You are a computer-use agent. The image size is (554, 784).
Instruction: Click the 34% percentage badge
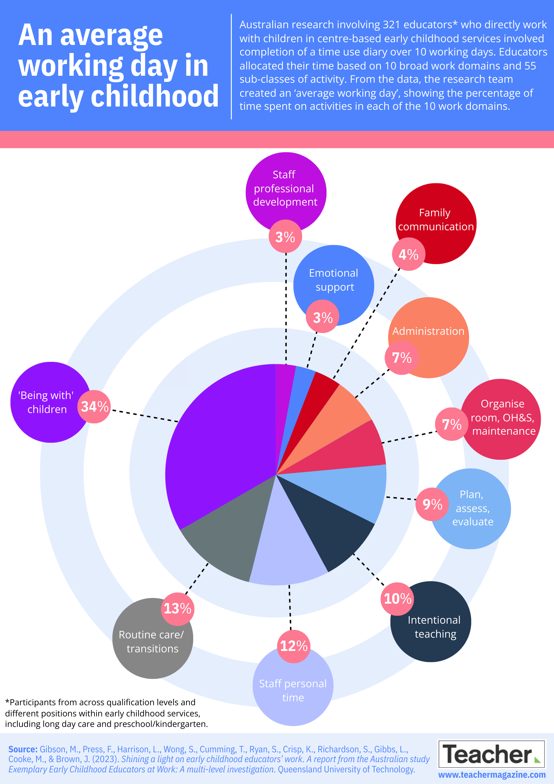coord(94,407)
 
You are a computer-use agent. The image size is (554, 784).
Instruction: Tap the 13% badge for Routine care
coord(177,609)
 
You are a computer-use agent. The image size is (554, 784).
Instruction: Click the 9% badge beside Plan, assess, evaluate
coord(432,504)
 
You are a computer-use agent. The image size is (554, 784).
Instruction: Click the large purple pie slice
coord(218,444)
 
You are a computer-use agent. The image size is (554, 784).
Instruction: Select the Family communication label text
coord(436,220)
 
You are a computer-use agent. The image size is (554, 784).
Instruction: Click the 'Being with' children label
coord(46,402)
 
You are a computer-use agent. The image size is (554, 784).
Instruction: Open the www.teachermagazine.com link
coord(492,775)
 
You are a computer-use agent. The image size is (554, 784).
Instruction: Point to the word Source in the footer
coord(23,749)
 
